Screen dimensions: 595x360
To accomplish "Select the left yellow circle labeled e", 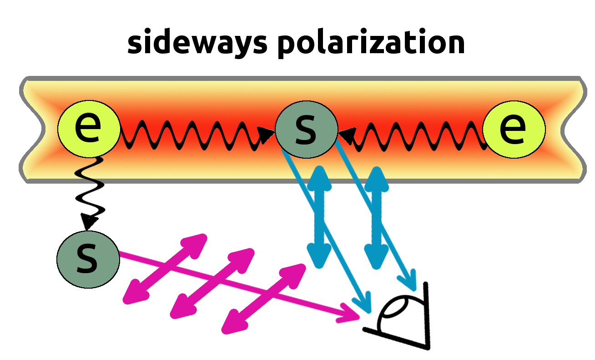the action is [89, 129].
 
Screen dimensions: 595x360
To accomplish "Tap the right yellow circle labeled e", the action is [514, 129].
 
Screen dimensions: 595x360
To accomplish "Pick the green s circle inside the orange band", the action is [307, 129].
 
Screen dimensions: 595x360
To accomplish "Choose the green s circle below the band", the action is [88, 260].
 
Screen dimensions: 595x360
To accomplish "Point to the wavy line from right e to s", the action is [412, 136].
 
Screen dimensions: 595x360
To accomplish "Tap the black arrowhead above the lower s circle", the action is [88, 222].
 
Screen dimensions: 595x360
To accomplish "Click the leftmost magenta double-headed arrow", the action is [165, 269].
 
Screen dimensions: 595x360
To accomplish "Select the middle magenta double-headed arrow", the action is [212, 283].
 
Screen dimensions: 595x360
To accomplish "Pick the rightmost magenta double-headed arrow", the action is [263, 299].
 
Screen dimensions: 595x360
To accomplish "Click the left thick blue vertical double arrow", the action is [319, 217].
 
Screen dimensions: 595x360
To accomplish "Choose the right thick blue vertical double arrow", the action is [376, 218].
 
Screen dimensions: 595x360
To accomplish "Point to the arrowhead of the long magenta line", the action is [349, 313].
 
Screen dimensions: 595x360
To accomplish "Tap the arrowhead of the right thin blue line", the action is [408, 281].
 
